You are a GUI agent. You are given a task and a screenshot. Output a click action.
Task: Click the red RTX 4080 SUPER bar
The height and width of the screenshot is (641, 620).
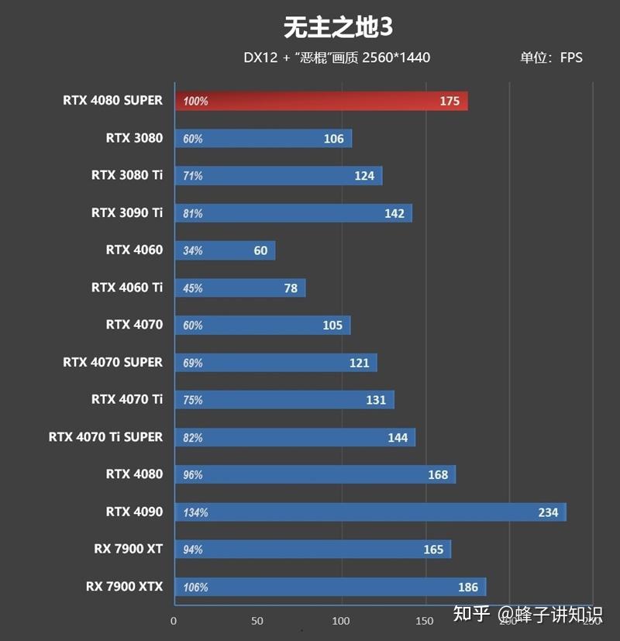(x=321, y=101)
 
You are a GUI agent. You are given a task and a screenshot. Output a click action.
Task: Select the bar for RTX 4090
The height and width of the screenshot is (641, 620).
(x=370, y=512)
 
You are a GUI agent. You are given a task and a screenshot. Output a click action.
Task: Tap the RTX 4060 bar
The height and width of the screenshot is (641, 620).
(x=225, y=250)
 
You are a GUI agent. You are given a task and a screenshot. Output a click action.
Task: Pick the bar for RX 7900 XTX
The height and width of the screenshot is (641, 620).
(x=330, y=587)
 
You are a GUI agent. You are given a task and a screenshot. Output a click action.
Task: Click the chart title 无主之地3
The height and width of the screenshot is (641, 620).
(x=338, y=27)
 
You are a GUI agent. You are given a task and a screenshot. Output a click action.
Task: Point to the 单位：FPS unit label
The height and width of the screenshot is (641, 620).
(x=550, y=57)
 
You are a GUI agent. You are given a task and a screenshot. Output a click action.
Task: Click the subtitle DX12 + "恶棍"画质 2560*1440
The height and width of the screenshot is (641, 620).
(x=336, y=57)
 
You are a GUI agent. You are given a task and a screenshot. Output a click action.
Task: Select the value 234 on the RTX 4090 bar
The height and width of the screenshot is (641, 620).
(x=547, y=512)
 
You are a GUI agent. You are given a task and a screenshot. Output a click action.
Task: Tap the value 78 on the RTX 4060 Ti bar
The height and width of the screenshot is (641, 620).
(x=291, y=288)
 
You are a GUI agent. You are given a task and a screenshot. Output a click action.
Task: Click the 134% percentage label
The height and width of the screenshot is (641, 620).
(x=196, y=512)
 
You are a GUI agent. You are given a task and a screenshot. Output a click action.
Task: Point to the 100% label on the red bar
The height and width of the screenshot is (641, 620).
(x=196, y=102)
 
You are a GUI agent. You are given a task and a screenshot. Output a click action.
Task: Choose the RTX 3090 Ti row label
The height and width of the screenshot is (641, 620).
(x=127, y=212)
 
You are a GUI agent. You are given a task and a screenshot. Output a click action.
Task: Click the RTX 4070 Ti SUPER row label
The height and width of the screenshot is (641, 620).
(x=105, y=436)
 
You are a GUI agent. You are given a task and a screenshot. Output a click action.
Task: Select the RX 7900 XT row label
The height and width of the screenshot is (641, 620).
(x=128, y=549)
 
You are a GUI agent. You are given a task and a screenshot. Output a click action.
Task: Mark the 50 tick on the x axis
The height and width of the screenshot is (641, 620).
(x=257, y=621)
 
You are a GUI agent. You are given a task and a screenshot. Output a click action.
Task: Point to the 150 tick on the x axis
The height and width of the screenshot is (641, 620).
(x=425, y=621)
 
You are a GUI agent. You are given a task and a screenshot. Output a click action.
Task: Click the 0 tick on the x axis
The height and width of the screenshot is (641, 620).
(x=174, y=621)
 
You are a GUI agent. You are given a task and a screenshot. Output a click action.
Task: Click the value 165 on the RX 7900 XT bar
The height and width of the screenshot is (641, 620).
(x=433, y=550)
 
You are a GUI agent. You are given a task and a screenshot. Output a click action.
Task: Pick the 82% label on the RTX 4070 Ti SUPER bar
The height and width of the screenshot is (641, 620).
(x=193, y=438)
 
